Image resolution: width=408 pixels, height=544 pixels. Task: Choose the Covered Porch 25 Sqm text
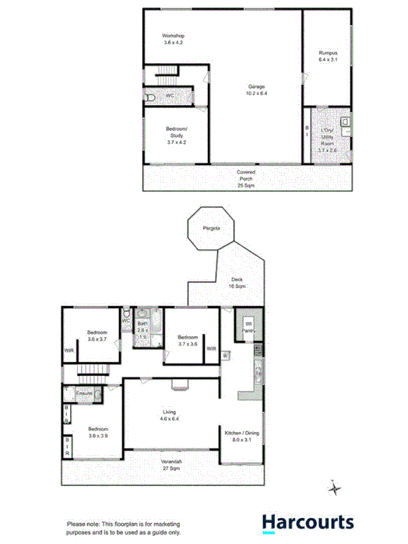tap(246, 179)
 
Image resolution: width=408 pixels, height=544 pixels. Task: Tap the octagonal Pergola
tap(210, 228)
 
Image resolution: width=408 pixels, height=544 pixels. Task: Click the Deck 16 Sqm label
tap(238, 283)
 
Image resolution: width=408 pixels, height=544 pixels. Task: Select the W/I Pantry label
tap(249, 327)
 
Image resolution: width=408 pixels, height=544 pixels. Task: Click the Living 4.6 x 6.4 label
tap(170, 416)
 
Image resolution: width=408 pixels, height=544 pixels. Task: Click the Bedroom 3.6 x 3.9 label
tap(98, 433)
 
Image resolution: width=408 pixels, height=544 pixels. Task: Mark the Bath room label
tap(142, 330)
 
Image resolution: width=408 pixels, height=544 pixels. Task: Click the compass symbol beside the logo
tap(335, 488)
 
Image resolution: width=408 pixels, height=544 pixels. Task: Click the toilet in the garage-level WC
tap(150, 98)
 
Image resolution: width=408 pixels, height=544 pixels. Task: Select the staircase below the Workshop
tap(167, 78)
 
